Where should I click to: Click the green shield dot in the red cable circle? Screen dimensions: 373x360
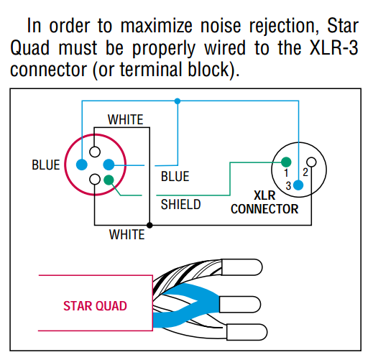click(109, 180)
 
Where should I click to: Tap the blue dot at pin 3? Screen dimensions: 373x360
click(298, 185)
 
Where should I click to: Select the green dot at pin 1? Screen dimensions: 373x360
click(286, 162)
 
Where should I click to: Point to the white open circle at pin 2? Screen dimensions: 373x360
click(311, 162)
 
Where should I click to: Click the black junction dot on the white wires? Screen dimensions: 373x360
click(149, 225)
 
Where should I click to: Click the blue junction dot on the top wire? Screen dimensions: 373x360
click(178, 101)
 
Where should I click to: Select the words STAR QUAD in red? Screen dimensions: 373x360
click(95, 306)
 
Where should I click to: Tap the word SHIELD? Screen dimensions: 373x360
click(180, 205)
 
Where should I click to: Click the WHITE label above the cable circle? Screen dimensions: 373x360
click(125, 119)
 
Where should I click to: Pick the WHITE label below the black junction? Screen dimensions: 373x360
click(126, 234)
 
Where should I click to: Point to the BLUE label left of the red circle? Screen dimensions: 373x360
click(46, 165)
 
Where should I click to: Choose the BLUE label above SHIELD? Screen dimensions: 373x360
click(175, 177)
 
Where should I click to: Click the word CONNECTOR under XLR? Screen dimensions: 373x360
click(264, 209)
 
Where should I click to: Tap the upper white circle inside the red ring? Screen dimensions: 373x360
click(95, 152)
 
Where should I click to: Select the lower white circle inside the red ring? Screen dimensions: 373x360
click(95, 179)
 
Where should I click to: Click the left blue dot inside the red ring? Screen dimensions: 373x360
click(82, 165)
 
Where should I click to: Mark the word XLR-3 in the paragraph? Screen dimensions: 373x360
click(333, 48)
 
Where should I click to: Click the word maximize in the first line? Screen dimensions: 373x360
click(156, 26)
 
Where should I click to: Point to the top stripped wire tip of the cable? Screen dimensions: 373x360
click(242, 267)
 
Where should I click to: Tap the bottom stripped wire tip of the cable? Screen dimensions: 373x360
click(247, 332)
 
